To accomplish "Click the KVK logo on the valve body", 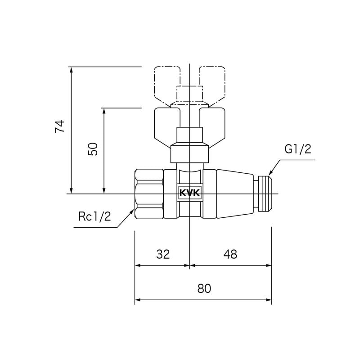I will point(190,193).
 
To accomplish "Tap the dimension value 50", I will point(92,149).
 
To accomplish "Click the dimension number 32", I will point(163,254).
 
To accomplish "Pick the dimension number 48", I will point(230,254).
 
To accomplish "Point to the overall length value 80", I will point(204,289).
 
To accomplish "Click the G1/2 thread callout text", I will point(297,149).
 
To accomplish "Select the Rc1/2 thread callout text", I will point(94,217).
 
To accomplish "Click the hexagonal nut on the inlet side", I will point(149,194).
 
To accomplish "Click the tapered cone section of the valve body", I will point(234,194).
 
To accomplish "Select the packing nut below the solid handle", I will point(189,153).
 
